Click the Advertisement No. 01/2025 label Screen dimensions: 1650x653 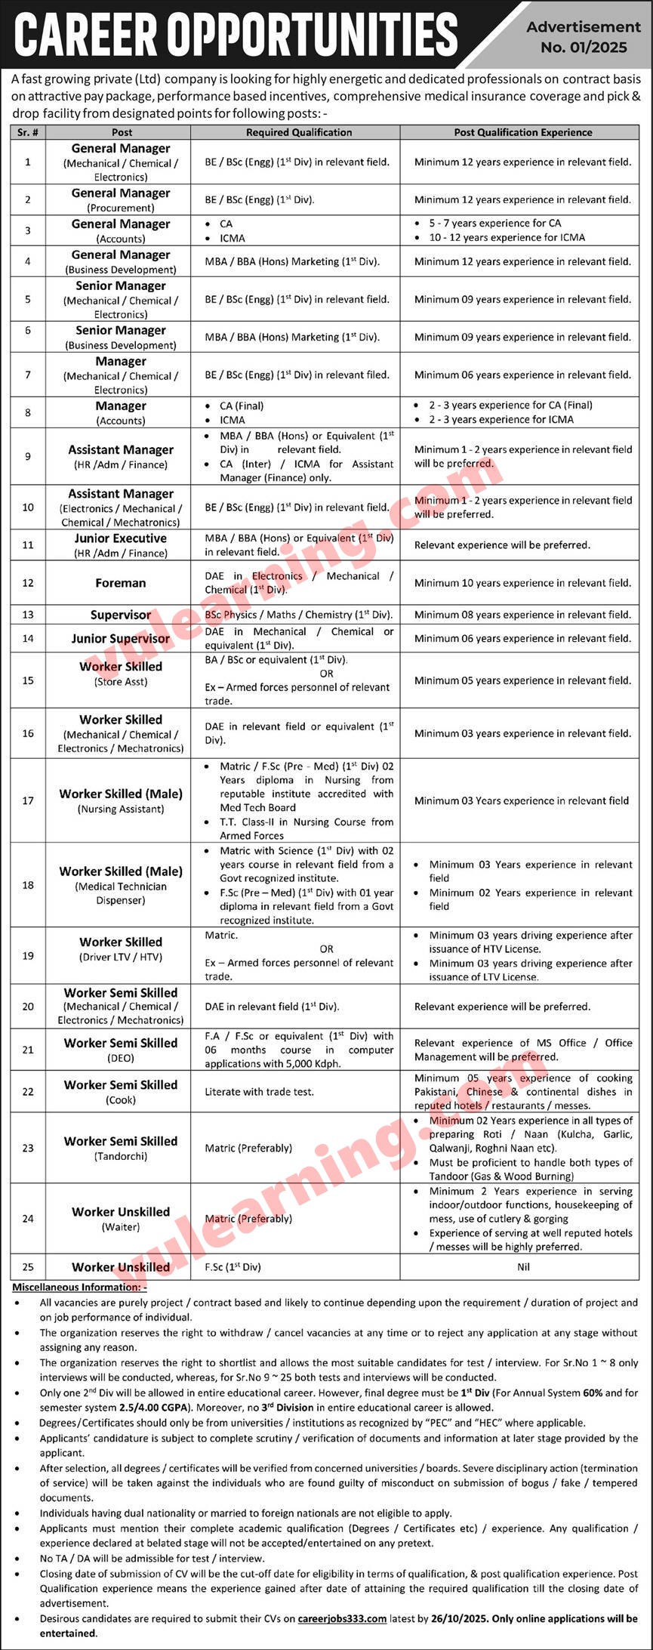pyautogui.click(x=584, y=36)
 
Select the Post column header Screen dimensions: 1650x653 pyautogui.click(x=122, y=132)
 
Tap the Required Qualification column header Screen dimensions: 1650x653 pyautogui.click(x=299, y=132)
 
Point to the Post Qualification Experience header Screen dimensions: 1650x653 pyautogui.click(x=523, y=132)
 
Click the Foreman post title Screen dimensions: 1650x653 pyautogui.click(x=121, y=583)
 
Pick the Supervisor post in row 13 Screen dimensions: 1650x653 pyautogui.click(x=121, y=615)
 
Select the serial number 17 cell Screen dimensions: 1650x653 pyautogui.click(x=28, y=800)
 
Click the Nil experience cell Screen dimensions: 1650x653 pyautogui.click(x=524, y=1266)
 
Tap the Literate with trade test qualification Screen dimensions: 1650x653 pyautogui.click(x=259, y=1091)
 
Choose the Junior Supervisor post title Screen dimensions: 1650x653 pyautogui.click(x=121, y=639)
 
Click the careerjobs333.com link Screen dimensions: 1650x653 pyautogui.click(x=342, y=1618)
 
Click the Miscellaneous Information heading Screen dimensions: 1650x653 pyautogui.click(x=79, y=1286)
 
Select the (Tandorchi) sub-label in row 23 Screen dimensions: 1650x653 pyautogui.click(x=121, y=1155)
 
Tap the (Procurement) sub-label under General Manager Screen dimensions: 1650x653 pyautogui.click(x=121, y=208)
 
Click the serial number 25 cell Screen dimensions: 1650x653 pyautogui.click(x=28, y=1266)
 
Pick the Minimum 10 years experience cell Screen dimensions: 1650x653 pyautogui.click(x=522, y=583)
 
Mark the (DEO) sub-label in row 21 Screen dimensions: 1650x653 pyautogui.click(x=121, y=1058)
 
